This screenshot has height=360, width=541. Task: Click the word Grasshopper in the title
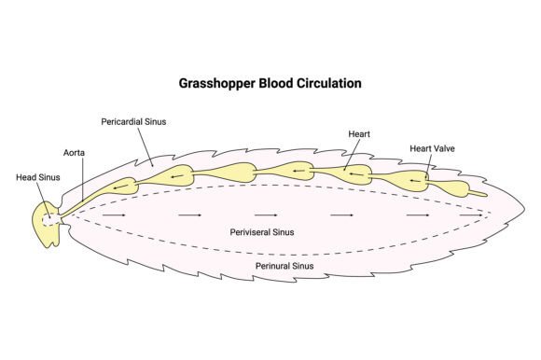(x=217, y=84)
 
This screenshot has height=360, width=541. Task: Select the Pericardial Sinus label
(x=133, y=122)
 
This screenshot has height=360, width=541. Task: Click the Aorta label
(x=74, y=152)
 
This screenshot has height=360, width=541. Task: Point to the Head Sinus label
(x=38, y=177)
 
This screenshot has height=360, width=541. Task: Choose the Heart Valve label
(x=432, y=148)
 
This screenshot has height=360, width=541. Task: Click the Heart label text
(x=359, y=134)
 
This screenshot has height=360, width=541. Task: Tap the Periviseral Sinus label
(x=262, y=232)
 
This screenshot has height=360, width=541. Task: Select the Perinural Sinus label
(x=284, y=266)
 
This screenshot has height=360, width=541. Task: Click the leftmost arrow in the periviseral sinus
(x=114, y=215)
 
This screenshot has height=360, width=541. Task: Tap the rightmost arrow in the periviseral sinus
(x=471, y=215)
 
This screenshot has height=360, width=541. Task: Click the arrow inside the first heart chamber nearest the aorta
(x=120, y=187)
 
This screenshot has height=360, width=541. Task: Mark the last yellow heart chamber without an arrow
(x=452, y=188)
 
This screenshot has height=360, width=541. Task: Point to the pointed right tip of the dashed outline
(x=491, y=211)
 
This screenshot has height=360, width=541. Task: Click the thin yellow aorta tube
(x=83, y=203)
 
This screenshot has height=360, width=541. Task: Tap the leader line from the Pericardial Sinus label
(x=146, y=147)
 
